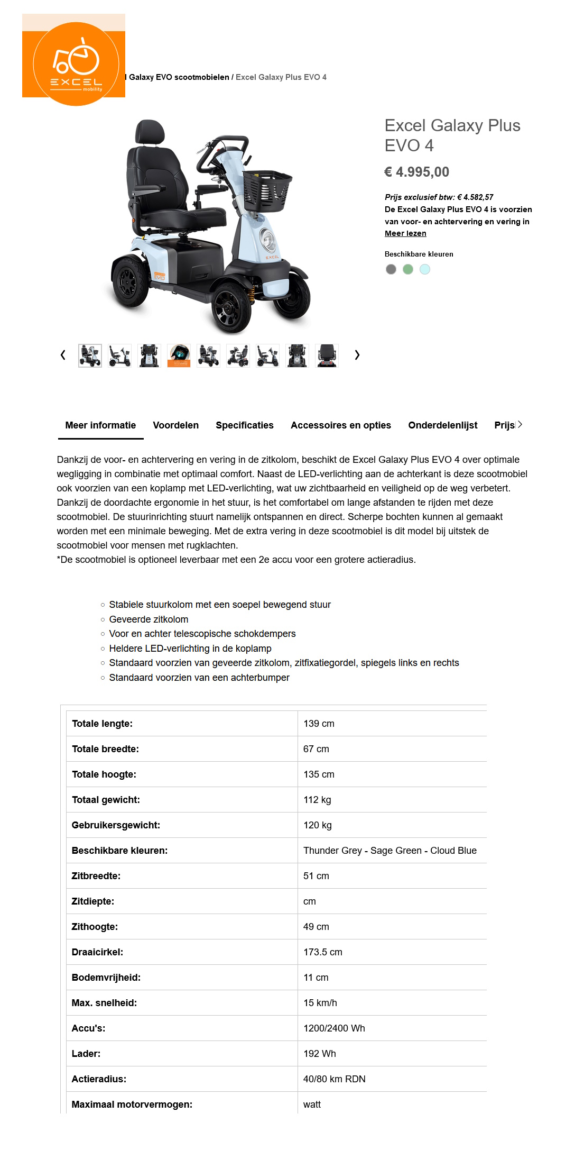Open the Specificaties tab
[244, 425]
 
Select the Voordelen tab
[175, 425]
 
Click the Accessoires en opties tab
[340, 425]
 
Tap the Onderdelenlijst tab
[442, 425]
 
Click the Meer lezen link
[405, 233]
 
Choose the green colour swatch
[407, 269]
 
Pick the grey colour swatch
[391, 269]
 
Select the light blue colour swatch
[424, 269]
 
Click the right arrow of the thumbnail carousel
[357, 355]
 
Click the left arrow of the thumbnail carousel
[63, 355]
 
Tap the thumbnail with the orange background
[179, 355]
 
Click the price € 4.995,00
[416, 172]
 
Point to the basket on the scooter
[266, 190]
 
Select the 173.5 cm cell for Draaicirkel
[322, 952]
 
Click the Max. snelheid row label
[104, 1003]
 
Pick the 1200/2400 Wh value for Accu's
[334, 1028]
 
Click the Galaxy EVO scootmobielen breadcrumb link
[179, 77]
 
